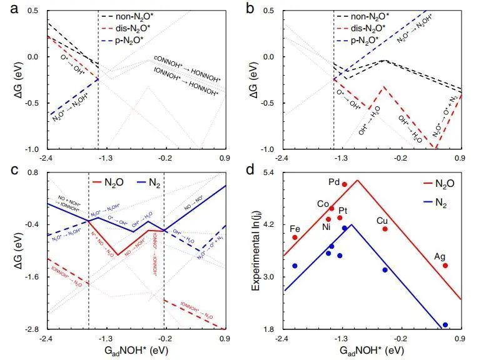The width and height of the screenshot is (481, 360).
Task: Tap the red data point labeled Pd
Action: pos(345,184)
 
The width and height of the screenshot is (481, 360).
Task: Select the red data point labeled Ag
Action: pos(445,266)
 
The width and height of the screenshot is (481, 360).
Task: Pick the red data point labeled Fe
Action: pos(295,237)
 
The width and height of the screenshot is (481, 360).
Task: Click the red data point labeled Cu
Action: pos(385,229)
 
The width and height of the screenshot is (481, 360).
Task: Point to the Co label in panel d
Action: pos(323,204)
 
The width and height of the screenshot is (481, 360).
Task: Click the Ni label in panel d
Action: pos(326,227)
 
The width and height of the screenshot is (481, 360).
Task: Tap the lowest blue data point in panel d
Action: pos(445,325)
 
